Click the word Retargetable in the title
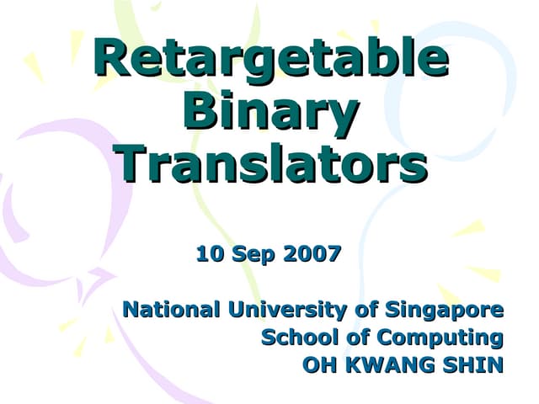(x=270, y=59)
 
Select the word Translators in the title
(x=271, y=164)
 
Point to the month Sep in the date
(x=248, y=253)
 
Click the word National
(x=168, y=310)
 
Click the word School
(x=299, y=338)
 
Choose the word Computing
(x=440, y=338)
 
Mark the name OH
(x=318, y=365)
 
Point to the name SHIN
(x=472, y=365)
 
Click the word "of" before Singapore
(x=366, y=310)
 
